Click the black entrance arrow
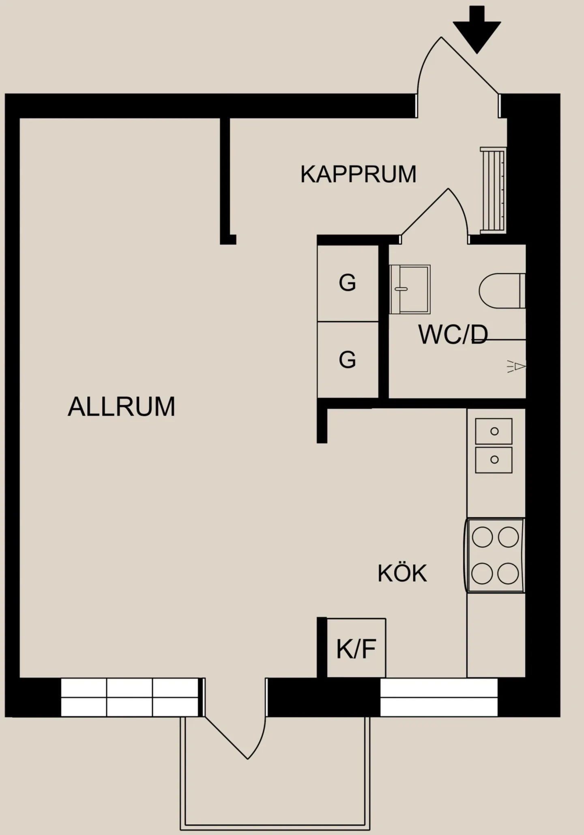pos(477,30)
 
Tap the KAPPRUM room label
pos(358,174)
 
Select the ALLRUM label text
pos(121,407)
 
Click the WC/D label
pos(453,335)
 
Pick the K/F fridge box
pos(356,648)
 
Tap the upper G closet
pos(348,283)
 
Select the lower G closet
pos(348,360)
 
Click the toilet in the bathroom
pos(502,291)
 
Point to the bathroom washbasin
pos(410,289)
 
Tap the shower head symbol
pos(517,366)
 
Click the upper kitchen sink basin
pos(494,431)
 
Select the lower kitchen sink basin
pos(494,460)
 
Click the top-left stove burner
pos(482,537)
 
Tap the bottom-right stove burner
pos(508,574)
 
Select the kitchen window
pos(439,697)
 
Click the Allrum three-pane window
pos(130,697)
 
